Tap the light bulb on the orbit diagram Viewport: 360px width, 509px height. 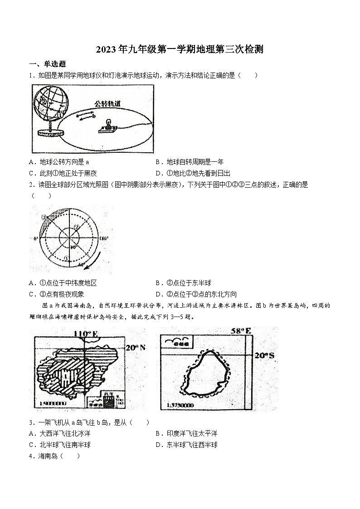108,124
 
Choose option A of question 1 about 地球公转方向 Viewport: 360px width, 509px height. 58,162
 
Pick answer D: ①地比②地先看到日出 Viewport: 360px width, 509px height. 193,173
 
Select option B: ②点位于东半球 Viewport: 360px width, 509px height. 183,283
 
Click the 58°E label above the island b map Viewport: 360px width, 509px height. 241,331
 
